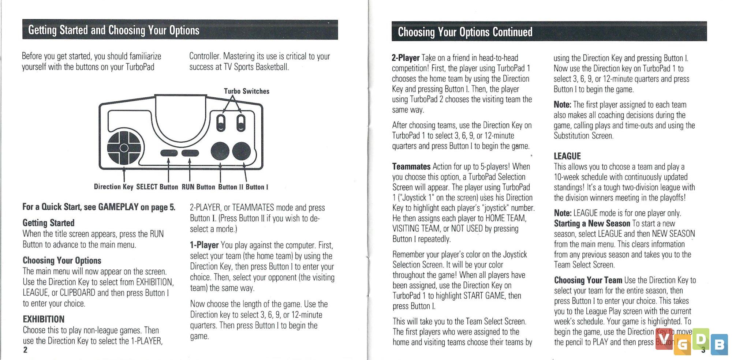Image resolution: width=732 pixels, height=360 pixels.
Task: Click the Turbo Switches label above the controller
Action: coord(246,91)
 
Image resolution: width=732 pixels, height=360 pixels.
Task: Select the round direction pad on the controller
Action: coord(124,147)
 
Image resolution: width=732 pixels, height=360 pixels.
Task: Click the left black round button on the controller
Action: coord(220,151)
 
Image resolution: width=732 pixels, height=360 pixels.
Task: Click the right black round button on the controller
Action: coord(242,151)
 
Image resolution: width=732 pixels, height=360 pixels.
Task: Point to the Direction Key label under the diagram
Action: coord(113,187)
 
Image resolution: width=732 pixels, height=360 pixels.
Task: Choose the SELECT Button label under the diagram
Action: coord(157,187)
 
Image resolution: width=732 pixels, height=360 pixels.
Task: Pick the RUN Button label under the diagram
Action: coord(198,187)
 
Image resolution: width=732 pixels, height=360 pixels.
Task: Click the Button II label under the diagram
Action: coord(231,187)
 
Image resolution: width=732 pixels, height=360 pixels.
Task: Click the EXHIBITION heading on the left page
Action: coord(44,319)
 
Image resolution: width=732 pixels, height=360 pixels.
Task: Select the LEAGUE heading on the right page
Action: coord(567,156)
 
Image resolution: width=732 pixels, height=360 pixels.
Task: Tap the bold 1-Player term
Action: coord(204,245)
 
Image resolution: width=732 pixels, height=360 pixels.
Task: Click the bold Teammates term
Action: coord(411,166)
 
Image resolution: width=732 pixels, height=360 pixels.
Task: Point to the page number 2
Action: coord(25,350)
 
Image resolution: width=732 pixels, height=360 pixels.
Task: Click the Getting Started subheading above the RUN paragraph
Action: coord(48,223)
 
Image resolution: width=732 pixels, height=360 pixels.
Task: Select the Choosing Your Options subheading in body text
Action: coord(62,260)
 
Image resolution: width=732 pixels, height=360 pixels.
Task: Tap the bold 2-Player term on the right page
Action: coord(406,58)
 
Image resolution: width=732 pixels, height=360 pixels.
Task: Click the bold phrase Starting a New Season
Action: coord(592,223)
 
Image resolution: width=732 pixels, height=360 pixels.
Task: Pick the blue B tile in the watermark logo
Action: coord(719,345)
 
